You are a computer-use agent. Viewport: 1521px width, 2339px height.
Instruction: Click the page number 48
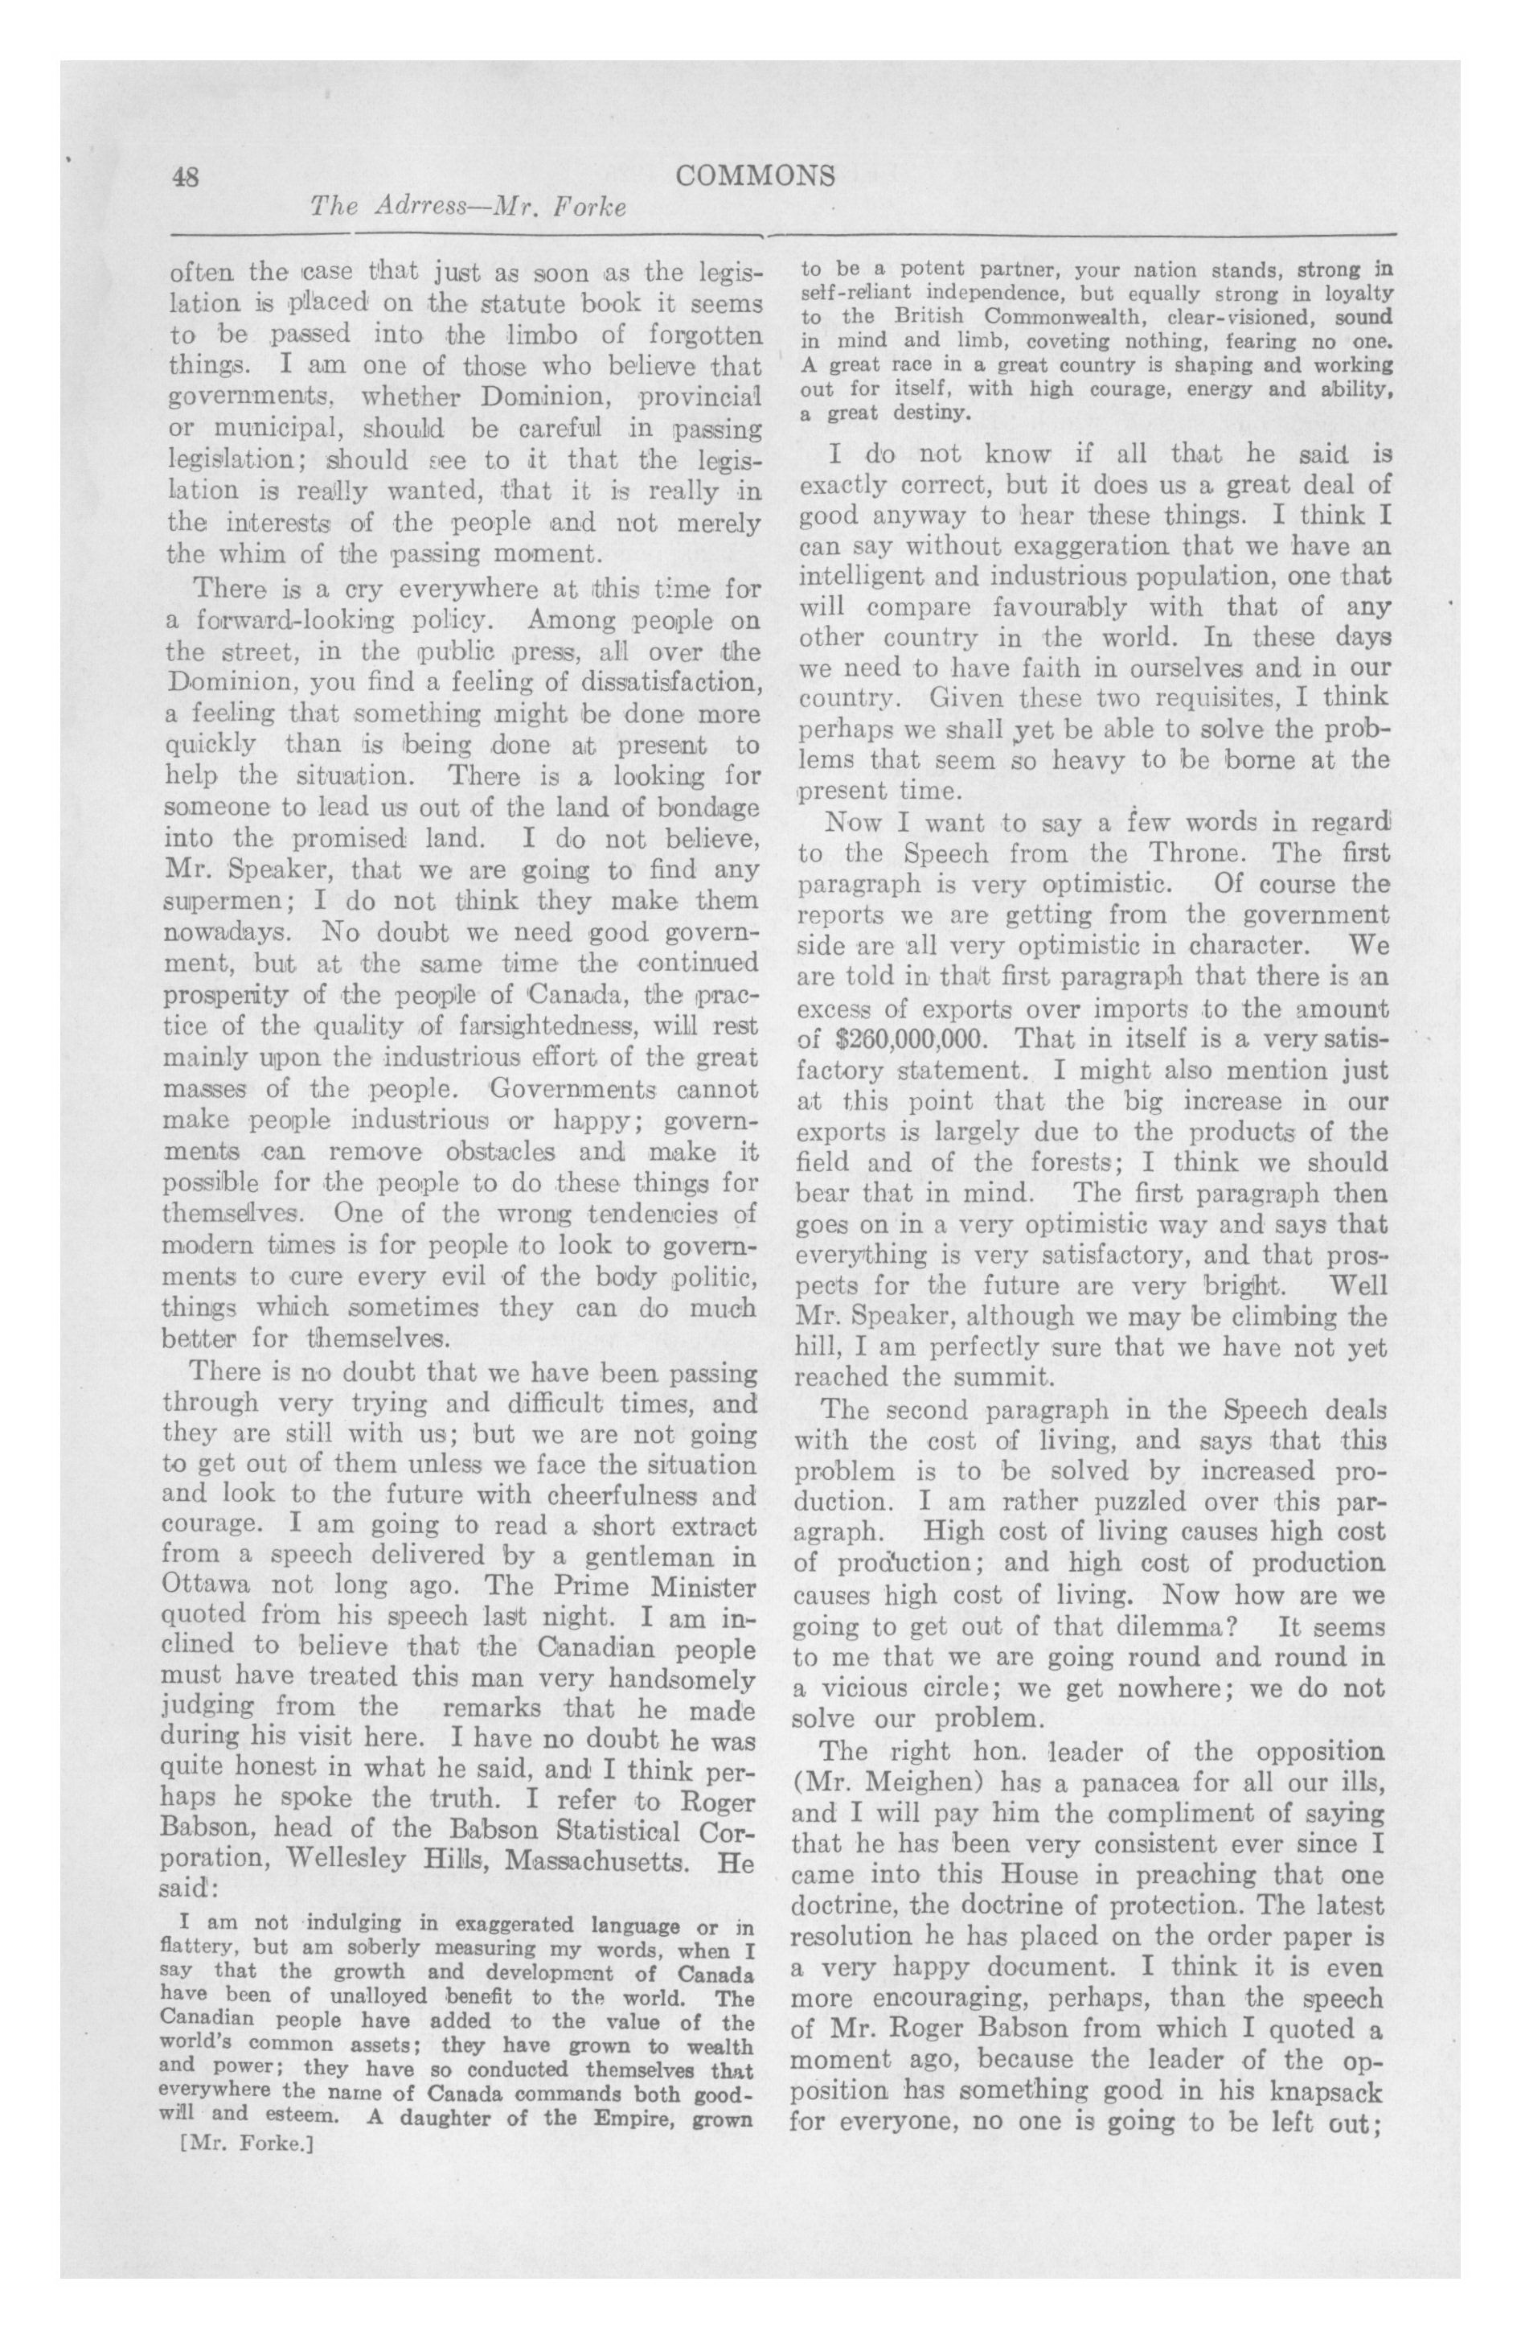click(x=186, y=176)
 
